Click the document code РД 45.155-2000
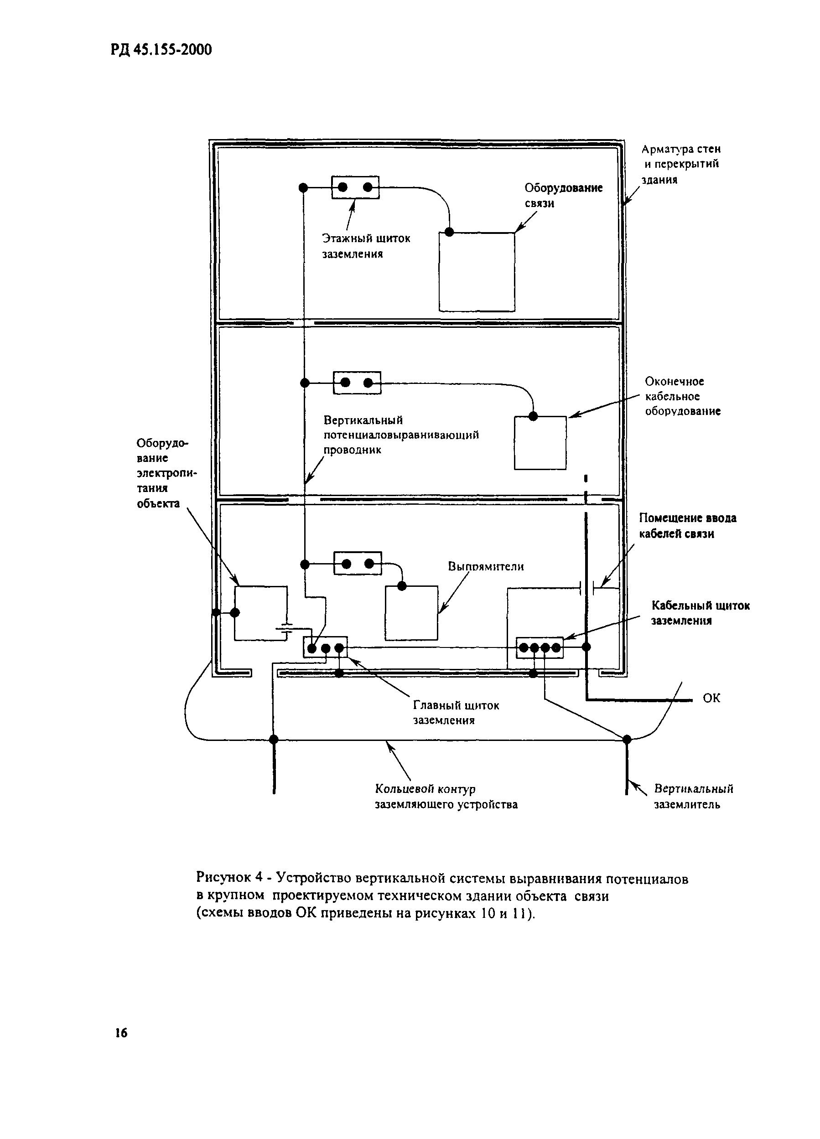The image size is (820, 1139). pos(161,50)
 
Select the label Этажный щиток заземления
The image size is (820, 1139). pos(366,246)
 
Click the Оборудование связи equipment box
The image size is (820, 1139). pos(476,272)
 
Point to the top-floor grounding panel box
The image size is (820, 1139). pos(355,187)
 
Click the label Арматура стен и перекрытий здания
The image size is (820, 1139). pos(681,164)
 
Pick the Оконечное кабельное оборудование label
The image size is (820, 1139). pos(682,396)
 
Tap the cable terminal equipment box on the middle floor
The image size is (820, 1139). pos(540,443)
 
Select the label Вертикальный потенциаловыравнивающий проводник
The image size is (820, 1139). pos(400,435)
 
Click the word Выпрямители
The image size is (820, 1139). pos(485,566)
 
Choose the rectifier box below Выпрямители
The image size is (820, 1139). pos(411,613)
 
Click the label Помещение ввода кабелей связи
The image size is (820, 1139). pos(687,526)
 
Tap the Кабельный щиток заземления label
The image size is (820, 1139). pos(700,613)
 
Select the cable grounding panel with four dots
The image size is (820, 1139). pos(540,648)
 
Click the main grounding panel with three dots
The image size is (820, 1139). pos(325,647)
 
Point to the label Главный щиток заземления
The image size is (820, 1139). pos(456,713)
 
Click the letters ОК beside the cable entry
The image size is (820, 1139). pos(711,698)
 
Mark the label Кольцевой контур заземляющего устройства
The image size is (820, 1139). pos(446,797)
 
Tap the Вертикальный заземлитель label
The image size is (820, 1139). pos(693,797)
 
